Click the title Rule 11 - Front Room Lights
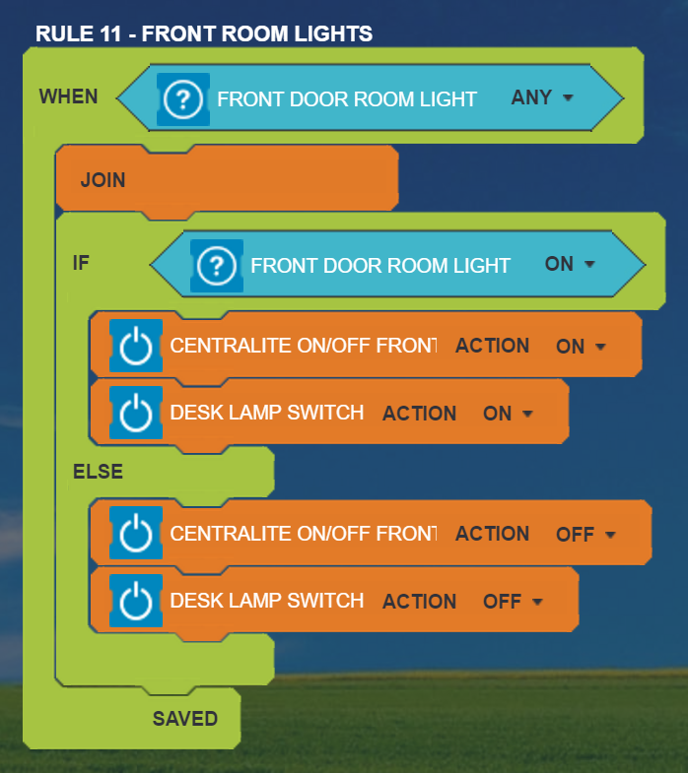coord(204,33)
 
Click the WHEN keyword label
coord(68,97)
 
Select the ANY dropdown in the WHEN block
coord(542,98)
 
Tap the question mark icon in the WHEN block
coord(182,98)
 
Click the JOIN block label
coord(103,181)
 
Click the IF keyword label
coord(81,263)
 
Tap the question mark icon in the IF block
coord(216,265)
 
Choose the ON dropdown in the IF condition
coord(571,264)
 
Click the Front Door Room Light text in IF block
coord(380,265)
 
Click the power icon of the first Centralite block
coord(135,346)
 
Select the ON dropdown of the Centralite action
coord(580,347)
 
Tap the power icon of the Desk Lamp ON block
coord(135,414)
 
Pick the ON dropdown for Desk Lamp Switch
coord(507,414)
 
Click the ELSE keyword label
coord(98,472)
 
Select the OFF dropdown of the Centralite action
coord(585,535)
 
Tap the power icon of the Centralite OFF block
coord(135,534)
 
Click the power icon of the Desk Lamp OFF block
coord(135,602)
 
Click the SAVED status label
coord(184,719)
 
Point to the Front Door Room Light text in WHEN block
coord(347,99)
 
